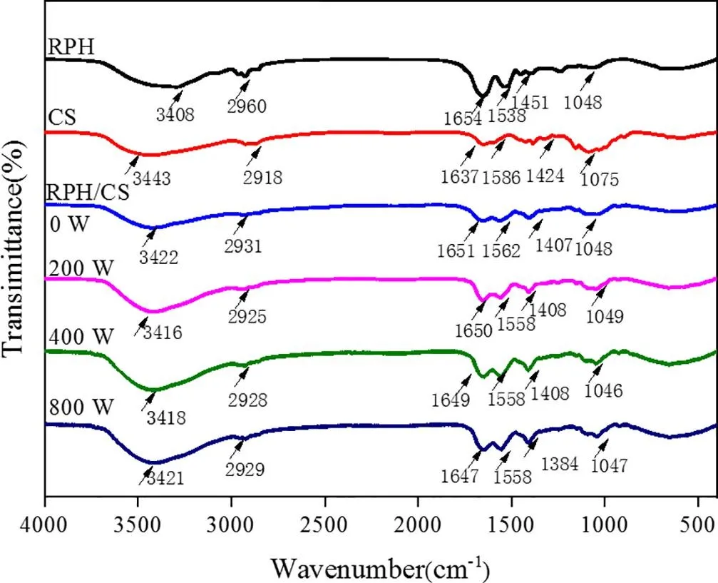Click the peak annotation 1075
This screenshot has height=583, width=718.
[600, 181]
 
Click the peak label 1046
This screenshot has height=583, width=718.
[603, 390]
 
